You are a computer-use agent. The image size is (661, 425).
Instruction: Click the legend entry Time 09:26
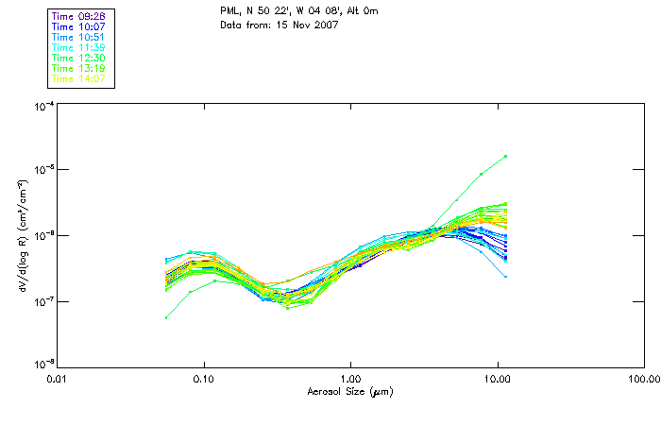(x=80, y=16)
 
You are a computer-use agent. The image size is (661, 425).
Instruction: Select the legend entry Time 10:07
(x=80, y=26)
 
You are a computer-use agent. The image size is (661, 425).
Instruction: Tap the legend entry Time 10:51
(x=80, y=37)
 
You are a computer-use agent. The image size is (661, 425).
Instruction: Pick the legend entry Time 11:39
(x=80, y=47)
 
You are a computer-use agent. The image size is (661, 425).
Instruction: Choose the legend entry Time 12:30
(x=80, y=58)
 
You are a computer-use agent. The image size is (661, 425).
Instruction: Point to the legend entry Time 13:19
(x=80, y=68)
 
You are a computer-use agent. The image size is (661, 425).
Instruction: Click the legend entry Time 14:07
(x=80, y=78)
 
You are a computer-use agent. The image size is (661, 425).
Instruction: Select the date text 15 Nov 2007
(x=305, y=24)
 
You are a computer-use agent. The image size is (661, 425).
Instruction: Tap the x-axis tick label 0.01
(x=58, y=379)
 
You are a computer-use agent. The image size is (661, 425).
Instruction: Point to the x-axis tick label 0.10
(x=204, y=379)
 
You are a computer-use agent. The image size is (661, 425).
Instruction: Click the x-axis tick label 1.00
(x=351, y=379)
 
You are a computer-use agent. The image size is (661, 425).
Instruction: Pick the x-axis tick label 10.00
(x=498, y=379)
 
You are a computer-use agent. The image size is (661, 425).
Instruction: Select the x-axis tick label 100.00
(x=643, y=379)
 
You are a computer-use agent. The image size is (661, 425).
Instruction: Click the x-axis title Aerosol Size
(x=350, y=391)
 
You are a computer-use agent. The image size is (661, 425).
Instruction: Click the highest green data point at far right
(x=506, y=156)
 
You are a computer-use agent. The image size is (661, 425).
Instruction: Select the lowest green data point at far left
(x=166, y=317)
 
